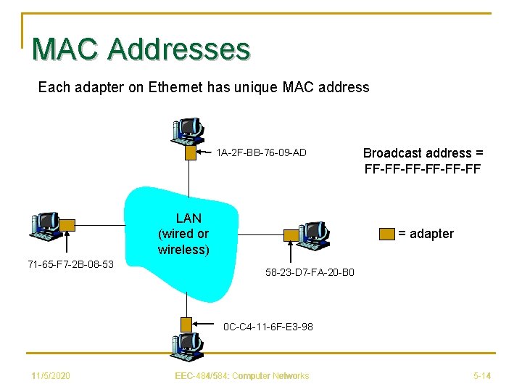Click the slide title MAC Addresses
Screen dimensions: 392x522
click(141, 49)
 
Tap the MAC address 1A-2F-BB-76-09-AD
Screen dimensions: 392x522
click(261, 152)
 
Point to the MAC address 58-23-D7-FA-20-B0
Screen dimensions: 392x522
click(310, 273)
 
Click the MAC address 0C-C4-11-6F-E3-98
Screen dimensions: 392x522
click(268, 327)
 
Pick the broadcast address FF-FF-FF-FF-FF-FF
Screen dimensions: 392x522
click(423, 169)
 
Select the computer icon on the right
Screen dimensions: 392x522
click(313, 234)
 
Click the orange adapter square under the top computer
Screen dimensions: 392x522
click(191, 153)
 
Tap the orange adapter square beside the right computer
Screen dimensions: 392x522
click(291, 235)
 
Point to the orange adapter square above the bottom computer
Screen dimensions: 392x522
click(187, 324)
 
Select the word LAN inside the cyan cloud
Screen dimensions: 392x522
click(188, 218)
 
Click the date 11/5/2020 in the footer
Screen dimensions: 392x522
click(51, 375)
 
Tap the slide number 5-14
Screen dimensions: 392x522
click(482, 375)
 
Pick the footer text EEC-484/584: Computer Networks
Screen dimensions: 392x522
click(242, 375)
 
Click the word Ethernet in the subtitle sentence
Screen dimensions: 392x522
click(175, 88)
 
